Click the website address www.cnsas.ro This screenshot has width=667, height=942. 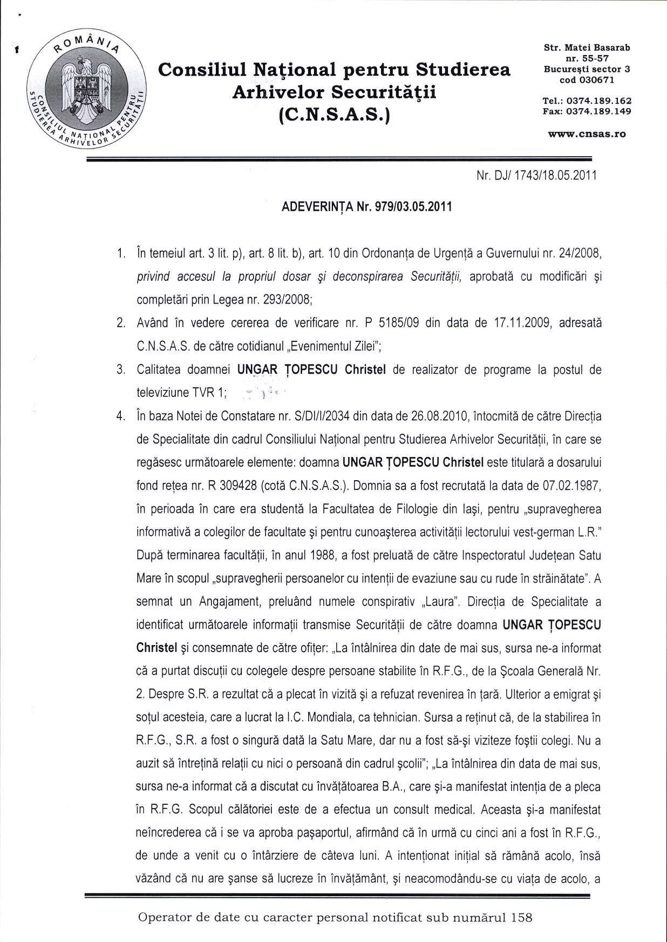point(587,133)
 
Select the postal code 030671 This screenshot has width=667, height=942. point(597,80)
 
